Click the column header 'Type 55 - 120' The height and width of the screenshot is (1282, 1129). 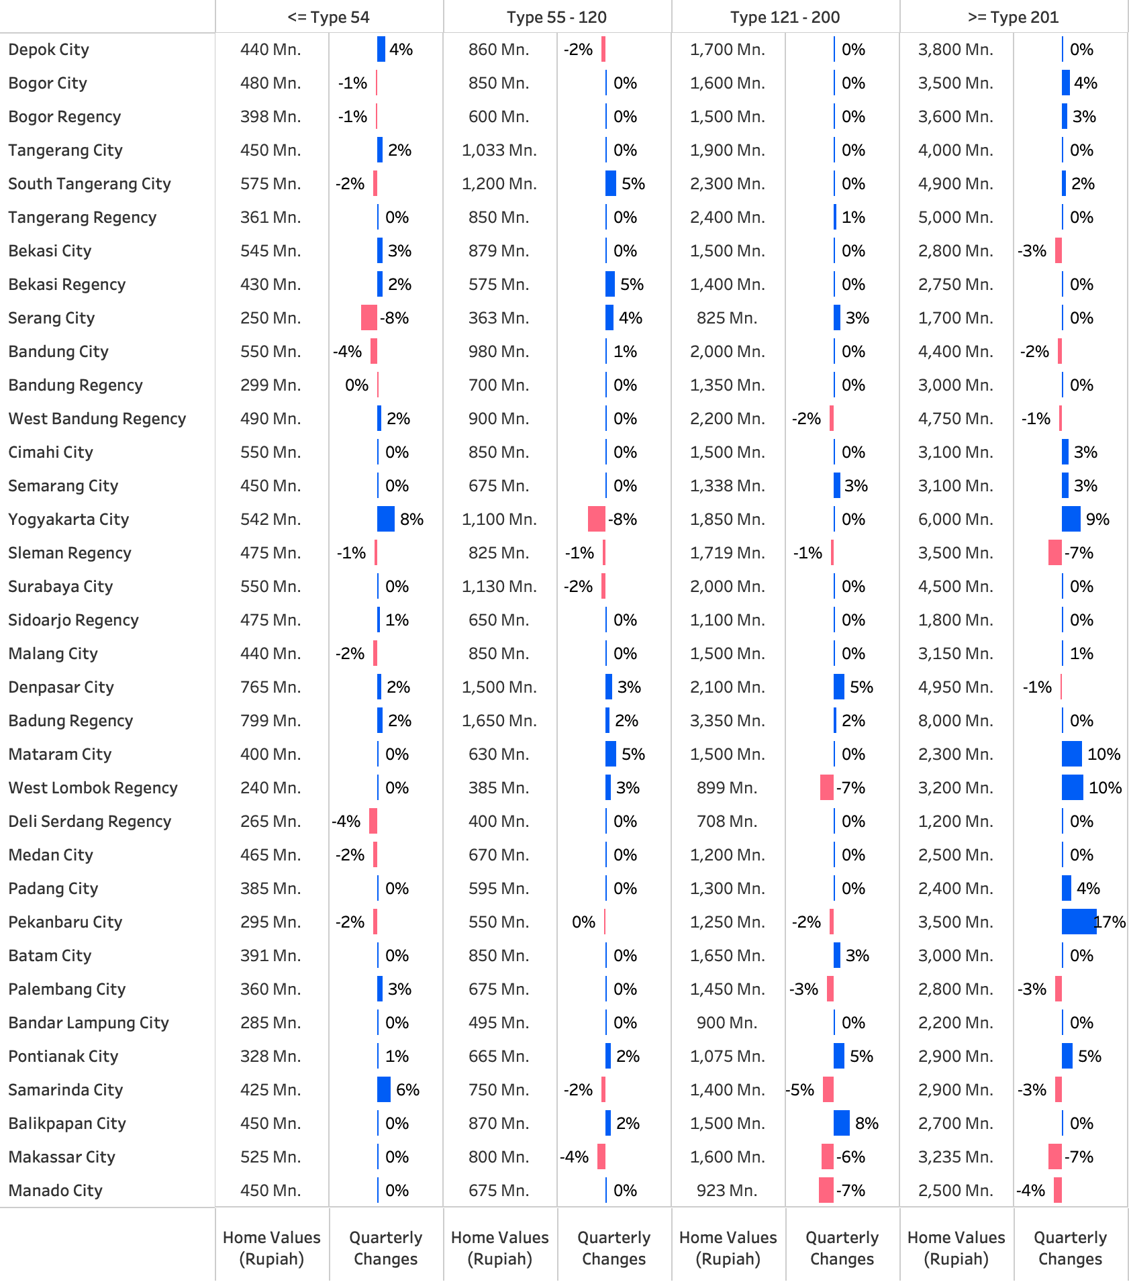(x=556, y=17)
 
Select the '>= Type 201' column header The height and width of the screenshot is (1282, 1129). (x=1013, y=17)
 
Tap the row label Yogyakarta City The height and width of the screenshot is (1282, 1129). (x=68, y=520)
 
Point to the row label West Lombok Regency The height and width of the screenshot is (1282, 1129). (x=93, y=788)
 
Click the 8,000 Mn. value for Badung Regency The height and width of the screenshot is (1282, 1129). (x=955, y=721)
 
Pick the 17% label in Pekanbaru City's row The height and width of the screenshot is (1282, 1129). (x=1110, y=922)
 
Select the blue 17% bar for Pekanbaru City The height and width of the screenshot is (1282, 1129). (x=1078, y=922)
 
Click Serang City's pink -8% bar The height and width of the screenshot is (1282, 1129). (x=369, y=318)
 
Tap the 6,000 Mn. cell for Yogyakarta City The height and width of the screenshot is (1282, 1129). (x=955, y=520)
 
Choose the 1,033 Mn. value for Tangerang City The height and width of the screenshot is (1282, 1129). (x=499, y=150)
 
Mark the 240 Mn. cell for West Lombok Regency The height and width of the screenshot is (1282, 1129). (x=271, y=788)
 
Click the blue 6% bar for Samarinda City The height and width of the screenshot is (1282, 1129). (x=384, y=1090)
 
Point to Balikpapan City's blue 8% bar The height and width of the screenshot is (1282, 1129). (x=842, y=1124)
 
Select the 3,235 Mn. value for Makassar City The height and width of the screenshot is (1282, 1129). (x=955, y=1157)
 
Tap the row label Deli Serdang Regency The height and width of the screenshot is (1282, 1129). (x=90, y=822)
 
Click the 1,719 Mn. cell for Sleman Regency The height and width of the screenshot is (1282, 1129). (x=727, y=553)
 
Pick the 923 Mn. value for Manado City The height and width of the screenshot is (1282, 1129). (x=727, y=1191)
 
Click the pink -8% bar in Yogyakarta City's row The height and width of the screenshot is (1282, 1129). (x=597, y=520)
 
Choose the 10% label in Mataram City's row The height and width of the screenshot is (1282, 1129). (x=1103, y=754)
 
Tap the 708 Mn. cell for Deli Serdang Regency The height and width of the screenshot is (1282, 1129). (x=727, y=822)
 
